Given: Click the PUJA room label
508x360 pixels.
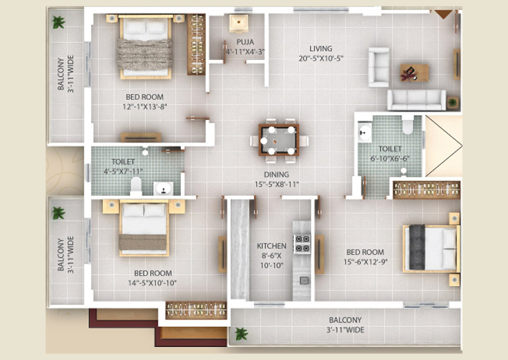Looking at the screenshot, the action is (245, 42).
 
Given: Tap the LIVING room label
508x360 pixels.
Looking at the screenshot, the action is (321, 49).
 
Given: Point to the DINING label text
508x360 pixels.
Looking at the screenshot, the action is (276, 175).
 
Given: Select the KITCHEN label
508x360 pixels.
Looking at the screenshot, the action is (272, 246).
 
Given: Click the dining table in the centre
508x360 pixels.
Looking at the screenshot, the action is (279, 140).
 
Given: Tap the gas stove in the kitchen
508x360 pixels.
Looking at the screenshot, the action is (302, 244).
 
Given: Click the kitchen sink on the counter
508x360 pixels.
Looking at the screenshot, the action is (304, 280).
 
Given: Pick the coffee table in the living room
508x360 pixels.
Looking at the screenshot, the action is (414, 73).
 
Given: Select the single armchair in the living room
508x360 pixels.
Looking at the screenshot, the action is (379, 67).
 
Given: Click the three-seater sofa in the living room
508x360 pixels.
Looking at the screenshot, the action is (416, 100).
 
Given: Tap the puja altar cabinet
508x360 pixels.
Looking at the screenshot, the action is (239, 24).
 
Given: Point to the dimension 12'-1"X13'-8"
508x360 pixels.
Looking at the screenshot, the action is (144, 107).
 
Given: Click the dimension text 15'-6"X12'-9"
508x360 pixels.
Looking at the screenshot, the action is (365, 262).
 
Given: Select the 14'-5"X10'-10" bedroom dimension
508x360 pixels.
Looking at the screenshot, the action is (152, 283).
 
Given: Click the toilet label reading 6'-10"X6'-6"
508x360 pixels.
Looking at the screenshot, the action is (390, 158).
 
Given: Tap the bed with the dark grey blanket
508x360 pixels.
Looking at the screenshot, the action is (431, 248).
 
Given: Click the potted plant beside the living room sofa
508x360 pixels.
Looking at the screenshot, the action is (453, 103).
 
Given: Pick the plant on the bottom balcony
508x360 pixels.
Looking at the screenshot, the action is (241, 334).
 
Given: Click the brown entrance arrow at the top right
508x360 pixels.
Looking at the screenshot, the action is (443, 14).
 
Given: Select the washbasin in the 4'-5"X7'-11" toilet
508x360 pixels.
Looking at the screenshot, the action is (163, 189).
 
